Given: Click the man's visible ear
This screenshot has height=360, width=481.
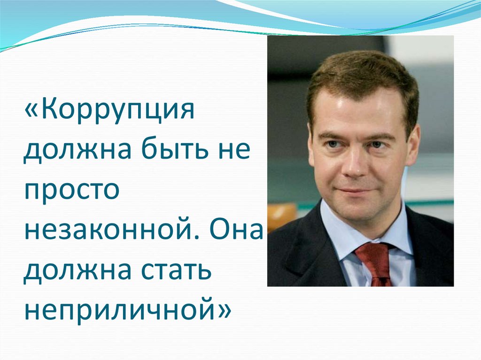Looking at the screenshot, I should (412, 146).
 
